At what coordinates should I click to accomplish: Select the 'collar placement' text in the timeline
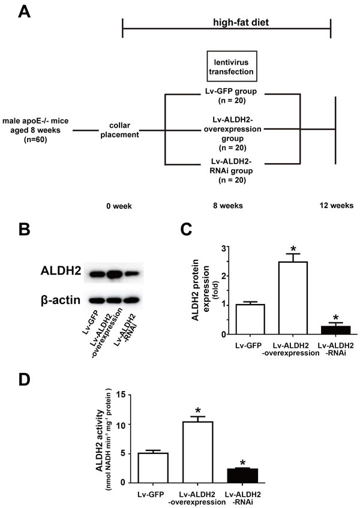tap(122, 130)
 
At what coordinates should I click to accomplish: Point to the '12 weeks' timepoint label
tap(336, 206)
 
